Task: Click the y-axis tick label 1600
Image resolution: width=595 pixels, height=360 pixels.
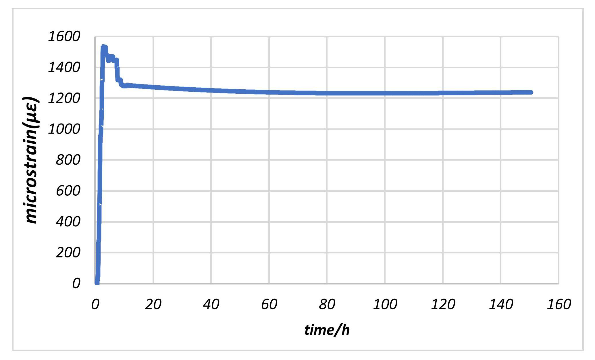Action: click(64, 37)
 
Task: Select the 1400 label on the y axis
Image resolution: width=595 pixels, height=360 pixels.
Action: click(64, 68)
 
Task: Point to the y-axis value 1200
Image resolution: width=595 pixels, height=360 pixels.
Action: click(64, 99)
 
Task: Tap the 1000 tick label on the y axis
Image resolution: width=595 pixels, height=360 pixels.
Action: click(64, 129)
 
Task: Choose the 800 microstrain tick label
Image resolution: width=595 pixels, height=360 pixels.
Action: click(68, 160)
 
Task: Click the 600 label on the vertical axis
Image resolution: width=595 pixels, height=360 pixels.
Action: click(68, 191)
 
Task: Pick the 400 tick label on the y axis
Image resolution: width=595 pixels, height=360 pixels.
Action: click(68, 222)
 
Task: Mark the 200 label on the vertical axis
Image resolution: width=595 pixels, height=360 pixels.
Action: click(68, 253)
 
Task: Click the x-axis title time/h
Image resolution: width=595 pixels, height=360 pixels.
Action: click(327, 330)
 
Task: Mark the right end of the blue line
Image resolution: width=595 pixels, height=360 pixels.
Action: click(531, 92)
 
